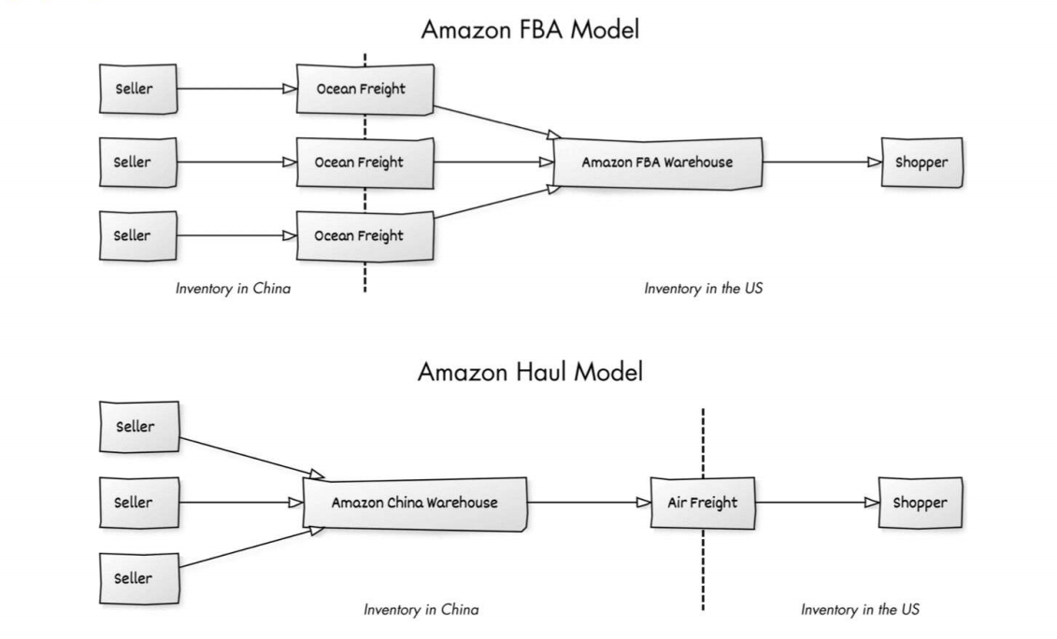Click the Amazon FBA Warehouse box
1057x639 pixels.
click(657, 163)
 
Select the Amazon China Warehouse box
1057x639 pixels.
click(415, 503)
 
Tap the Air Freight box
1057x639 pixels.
click(703, 503)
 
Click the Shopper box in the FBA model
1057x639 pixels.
click(921, 163)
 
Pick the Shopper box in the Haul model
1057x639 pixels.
click(920, 503)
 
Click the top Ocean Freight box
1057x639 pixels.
click(365, 90)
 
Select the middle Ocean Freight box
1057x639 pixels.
click(365, 163)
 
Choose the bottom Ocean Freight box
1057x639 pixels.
click(365, 235)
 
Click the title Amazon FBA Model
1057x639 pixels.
click(530, 29)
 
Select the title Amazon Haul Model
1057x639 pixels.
click(530, 372)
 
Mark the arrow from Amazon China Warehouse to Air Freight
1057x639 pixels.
click(589, 503)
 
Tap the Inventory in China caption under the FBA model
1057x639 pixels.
click(233, 289)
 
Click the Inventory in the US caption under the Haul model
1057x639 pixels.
click(860, 609)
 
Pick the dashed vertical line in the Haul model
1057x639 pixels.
click(703, 439)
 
